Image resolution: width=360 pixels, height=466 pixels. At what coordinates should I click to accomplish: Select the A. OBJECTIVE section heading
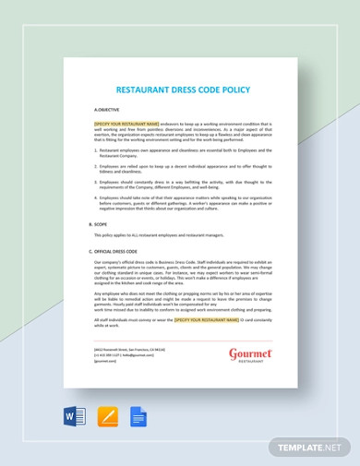[x=106, y=109]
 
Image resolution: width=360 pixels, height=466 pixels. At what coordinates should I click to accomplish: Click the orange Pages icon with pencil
[x=107, y=416]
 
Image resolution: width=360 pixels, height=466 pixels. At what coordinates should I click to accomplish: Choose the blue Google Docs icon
[x=138, y=416]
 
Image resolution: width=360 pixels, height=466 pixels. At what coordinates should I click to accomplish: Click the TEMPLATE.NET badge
[x=310, y=448]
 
